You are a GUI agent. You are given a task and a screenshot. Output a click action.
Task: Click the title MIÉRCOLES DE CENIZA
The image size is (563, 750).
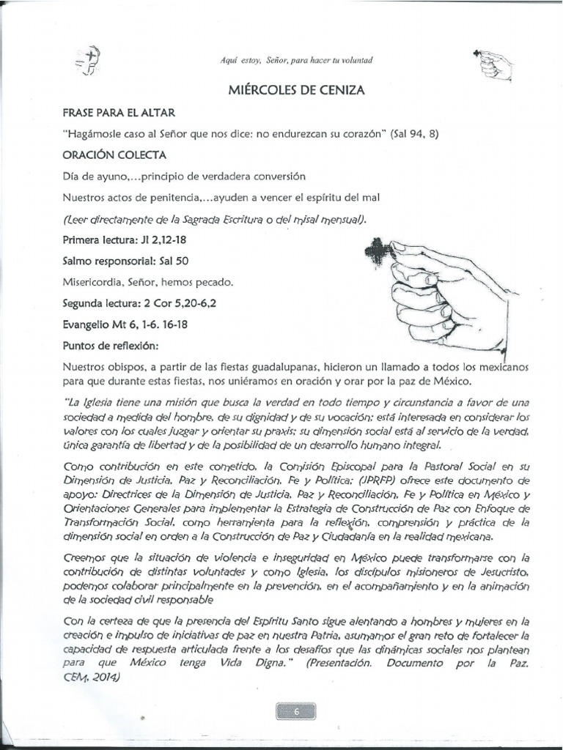[x=297, y=89]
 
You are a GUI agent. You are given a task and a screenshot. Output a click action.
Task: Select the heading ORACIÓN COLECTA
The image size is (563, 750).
[x=114, y=155]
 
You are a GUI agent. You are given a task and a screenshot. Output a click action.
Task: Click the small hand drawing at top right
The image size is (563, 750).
[x=494, y=64]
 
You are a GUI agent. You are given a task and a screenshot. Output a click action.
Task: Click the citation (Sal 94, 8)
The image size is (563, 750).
[x=415, y=135]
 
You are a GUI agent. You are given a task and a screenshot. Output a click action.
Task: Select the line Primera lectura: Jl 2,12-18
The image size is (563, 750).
[x=125, y=240]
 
